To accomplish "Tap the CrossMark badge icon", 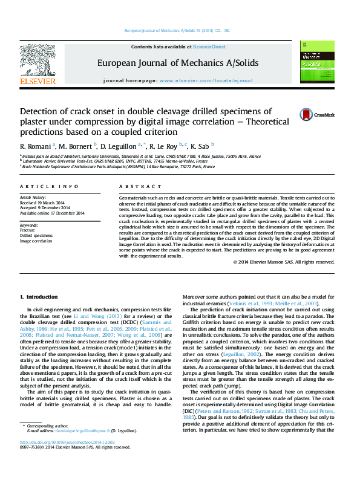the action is [308, 115].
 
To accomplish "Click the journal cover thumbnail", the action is [318, 60].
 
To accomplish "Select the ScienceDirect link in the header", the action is [209, 47].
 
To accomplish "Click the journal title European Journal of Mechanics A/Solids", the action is [177, 63].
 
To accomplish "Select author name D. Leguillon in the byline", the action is [119, 146].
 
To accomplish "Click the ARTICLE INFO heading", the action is [49, 187].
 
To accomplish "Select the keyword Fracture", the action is [27, 230].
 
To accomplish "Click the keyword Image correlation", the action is [36, 241].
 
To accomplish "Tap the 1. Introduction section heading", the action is [39, 297].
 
